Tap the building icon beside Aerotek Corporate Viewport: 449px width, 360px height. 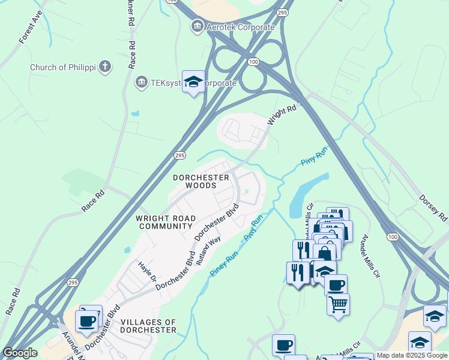196,26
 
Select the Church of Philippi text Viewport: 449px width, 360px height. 62,67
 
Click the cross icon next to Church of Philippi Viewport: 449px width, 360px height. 105,67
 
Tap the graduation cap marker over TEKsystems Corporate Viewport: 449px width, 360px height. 193,82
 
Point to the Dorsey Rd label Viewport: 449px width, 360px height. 433,206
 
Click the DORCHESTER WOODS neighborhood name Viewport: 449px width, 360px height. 201,182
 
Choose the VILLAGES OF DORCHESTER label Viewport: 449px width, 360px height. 148,326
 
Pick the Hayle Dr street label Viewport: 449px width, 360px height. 147,272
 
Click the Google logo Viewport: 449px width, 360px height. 20,353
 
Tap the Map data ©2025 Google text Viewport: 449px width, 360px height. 412,355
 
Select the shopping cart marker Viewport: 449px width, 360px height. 338,305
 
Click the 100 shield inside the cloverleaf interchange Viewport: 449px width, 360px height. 254,62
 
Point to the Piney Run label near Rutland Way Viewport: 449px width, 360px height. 224,264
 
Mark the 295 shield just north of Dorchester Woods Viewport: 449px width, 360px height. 179,155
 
